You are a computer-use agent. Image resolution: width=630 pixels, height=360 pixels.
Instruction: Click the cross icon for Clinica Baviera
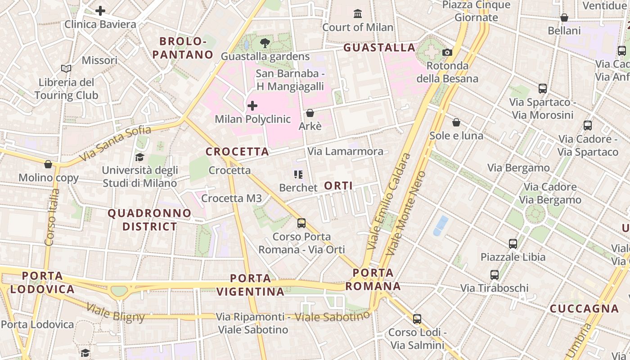(100, 10)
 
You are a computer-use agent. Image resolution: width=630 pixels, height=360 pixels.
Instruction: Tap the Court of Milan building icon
(358, 13)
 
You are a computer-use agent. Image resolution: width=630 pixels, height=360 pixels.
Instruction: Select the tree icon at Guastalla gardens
(265, 43)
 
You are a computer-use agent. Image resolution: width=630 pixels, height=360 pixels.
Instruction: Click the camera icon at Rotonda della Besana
(447, 52)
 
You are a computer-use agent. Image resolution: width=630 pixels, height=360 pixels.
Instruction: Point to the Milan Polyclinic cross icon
(252, 106)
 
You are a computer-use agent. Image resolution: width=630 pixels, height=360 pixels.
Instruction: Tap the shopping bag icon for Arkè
(310, 112)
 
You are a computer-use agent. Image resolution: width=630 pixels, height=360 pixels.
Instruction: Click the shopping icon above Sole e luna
(456, 122)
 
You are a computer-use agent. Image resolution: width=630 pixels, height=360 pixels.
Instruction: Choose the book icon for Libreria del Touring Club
(66, 69)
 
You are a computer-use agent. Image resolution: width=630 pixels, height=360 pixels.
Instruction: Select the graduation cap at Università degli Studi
(139, 157)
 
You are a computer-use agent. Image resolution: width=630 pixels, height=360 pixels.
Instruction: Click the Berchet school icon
(298, 174)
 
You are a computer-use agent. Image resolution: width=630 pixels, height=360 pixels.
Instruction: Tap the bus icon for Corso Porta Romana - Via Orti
(301, 223)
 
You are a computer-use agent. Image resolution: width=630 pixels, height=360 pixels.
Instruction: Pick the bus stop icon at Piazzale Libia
(513, 243)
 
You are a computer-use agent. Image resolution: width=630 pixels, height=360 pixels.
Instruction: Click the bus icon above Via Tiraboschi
(495, 274)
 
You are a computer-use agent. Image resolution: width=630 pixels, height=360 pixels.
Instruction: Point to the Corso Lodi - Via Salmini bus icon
(417, 319)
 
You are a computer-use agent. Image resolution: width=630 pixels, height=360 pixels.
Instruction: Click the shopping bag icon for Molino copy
(48, 164)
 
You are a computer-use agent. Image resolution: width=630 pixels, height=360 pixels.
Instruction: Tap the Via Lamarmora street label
(346, 151)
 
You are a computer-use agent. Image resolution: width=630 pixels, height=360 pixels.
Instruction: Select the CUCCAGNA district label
(584, 309)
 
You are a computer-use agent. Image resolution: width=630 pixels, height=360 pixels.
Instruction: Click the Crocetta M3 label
(231, 198)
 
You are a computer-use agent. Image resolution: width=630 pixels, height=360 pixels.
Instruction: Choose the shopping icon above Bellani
(564, 18)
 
